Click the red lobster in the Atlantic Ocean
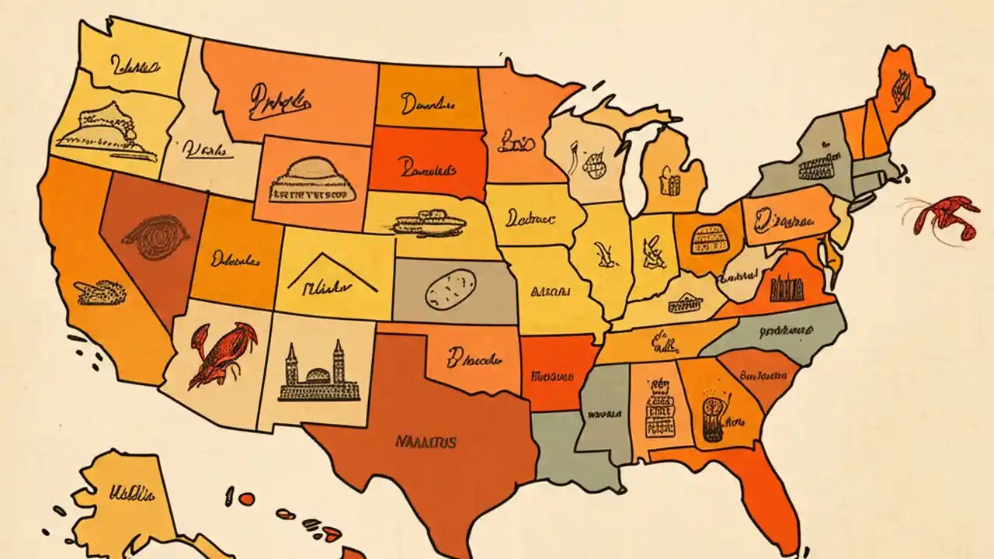coord(941,217)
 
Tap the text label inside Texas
coord(426,442)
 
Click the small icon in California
coord(99,292)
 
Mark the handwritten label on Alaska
coord(132,492)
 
